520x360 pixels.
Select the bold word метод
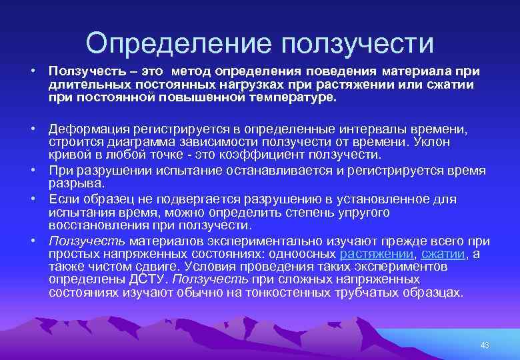(191, 71)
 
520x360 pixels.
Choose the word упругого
(361, 213)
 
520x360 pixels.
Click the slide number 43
(485, 345)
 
